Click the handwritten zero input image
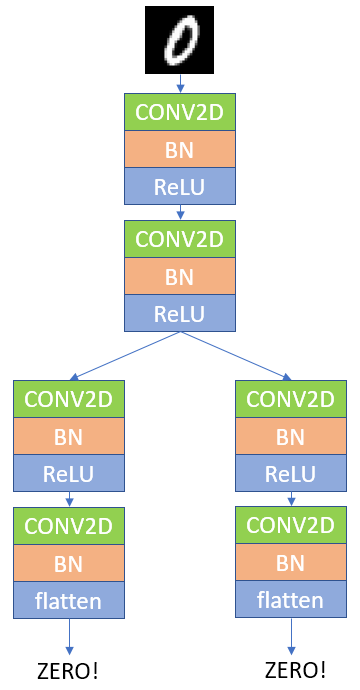[x=180, y=39]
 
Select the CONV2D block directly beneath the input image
[x=180, y=112]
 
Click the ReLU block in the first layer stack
[x=180, y=185]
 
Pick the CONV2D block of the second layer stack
[x=180, y=239]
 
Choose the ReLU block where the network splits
[x=180, y=313]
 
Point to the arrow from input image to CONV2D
[x=180, y=83]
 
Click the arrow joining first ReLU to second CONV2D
[x=180, y=212]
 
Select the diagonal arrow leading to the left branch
[x=125, y=356]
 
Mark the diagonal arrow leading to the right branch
[x=235, y=356]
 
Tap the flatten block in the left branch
[x=69, y=600]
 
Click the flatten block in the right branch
[x=290, y=600]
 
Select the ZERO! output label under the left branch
[x=69, y=668]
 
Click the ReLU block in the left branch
[x=69, y=472]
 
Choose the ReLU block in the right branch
[x=290, y=472]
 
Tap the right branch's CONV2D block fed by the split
[x=290, y=399]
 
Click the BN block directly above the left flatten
[x=69, y=563]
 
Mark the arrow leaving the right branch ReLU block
[x=290, y=499]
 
